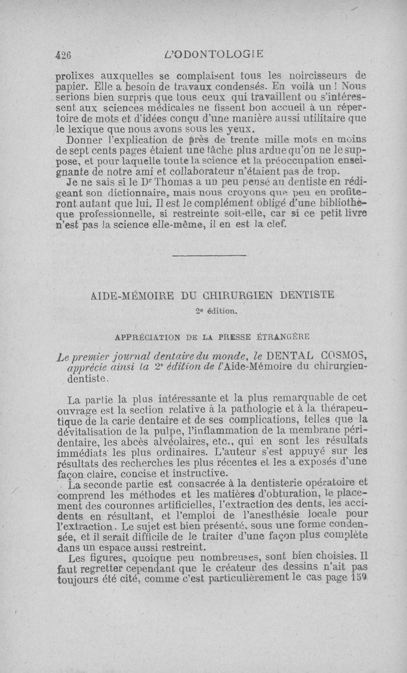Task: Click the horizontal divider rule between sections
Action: tap(209, 255)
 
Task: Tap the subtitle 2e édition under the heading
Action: tap(209, 312)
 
